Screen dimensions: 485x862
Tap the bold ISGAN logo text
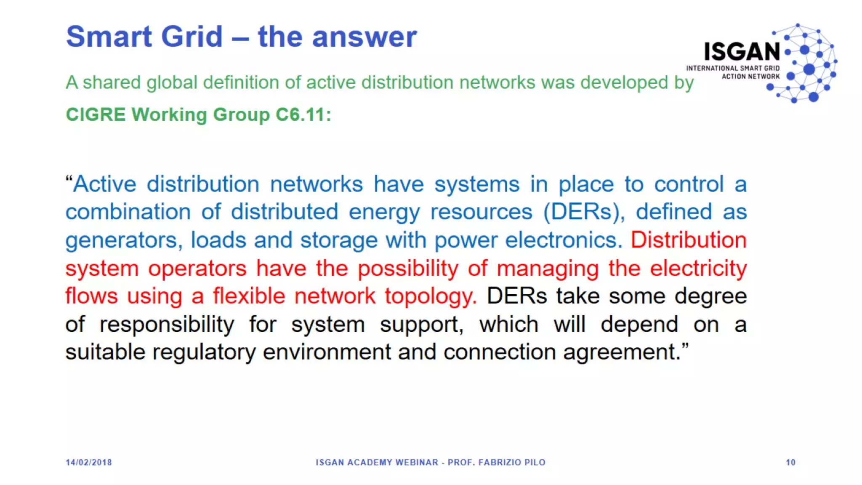pyautogui.click(x=742, y=52)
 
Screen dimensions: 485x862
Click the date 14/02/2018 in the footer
pyautogui.click(x=89, y=462)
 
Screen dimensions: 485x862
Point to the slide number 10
pyautogui.click(x=790, y=462)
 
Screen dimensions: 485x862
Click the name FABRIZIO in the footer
pyautogui.click(x=500, y=462)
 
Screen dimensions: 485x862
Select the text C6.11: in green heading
pyautogui.click(x=303, y=115)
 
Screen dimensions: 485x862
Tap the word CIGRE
pyautogui.click(x=96, y=115)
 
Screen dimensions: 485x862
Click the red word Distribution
pyautogui.click(x=689, y=240)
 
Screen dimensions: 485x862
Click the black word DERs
pyautogui.click(x=516, y=296)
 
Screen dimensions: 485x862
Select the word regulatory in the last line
pyautogui.click(x=204, y=352)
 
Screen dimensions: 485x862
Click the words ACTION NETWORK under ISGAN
pyautogui.click(x=750, y=77)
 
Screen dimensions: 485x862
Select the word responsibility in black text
pyautogui.click(x=167, y=324)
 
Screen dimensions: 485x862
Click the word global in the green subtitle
pyautogui.click(x=172, y=83)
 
